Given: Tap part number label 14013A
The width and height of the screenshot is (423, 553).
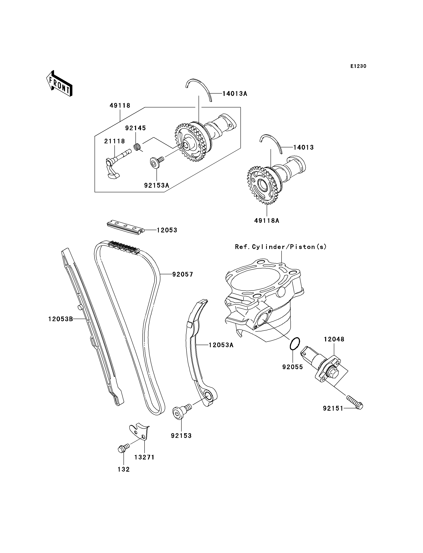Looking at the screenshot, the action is [235, 94].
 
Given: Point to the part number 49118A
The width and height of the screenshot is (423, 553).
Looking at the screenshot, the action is [267, 221].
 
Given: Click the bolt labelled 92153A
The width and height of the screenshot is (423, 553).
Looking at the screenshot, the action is [157, 162].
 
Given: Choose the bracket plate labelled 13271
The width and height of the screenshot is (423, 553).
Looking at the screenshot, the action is [139, 432].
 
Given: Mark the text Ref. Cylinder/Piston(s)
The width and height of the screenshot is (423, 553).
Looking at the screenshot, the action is [281, 247].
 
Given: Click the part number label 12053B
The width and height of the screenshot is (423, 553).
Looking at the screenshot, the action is [61, 319].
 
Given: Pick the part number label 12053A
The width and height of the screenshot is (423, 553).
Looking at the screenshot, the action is [221, 345].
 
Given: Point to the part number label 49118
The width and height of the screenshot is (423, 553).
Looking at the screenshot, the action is [120, 106].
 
